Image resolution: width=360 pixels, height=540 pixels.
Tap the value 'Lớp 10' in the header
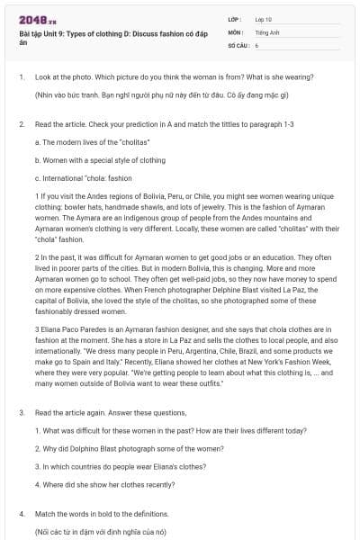(x=264, y=19)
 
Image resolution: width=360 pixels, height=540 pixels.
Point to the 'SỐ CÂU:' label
(x=238, y=44)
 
